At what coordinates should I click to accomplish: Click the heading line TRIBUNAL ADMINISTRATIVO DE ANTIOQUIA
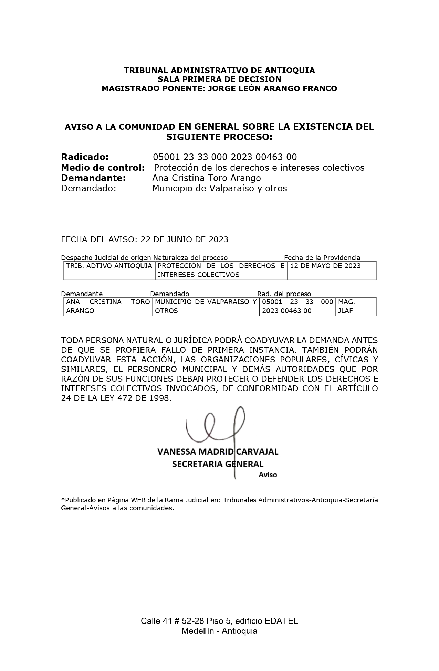click(x=219, y=70)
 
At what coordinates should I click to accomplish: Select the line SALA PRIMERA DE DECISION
click(x=219, y=79)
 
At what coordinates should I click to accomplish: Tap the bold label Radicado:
click(x=85, y=157)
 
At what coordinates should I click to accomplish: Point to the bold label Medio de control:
click(x=103, y=168)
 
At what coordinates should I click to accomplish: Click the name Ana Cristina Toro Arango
click(x=206, y=178)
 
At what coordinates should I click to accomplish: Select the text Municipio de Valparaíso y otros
click(x=219, y=189)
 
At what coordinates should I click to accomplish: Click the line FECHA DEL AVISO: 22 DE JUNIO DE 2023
click(x=145, y=239)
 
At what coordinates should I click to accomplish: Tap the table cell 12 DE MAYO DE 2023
click(x=325, y=266)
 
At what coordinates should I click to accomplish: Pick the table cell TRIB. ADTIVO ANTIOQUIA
click(x=109, y=266)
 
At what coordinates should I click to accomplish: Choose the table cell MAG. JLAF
click(x=346, y=306)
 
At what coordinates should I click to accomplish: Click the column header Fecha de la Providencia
click(x=322, y=258)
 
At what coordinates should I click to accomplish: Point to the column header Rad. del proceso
click(x=284, y=294)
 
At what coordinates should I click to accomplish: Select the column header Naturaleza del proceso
click(x=190, y=258)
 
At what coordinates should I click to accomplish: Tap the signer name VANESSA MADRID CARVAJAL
click(x=218, y=451)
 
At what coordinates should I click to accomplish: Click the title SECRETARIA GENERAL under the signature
click(x=218, y=464)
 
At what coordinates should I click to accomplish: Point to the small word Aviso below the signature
click(x=268, y=475)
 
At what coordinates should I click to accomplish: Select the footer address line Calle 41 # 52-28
click(x=219, y=621)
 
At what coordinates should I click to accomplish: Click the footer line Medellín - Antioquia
click(x=219, y=631)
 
